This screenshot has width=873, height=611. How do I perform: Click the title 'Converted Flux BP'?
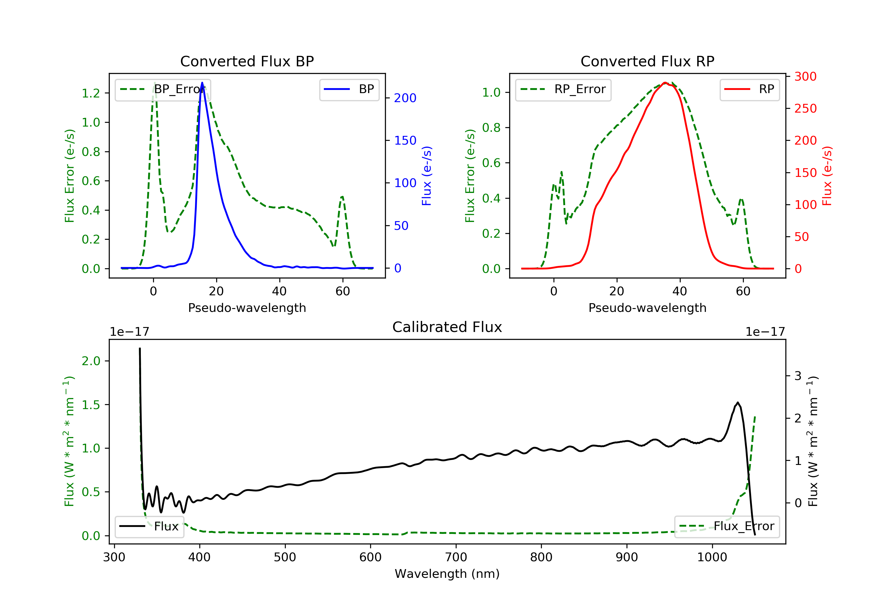point(247,61)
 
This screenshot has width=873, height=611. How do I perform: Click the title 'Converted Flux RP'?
point(647,61)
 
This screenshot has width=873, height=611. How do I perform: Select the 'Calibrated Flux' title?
point(447,327)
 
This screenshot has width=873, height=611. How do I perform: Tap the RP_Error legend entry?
point(563,89)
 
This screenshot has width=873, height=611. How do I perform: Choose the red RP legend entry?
point(749,89)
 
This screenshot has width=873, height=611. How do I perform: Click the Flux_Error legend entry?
point(727,526)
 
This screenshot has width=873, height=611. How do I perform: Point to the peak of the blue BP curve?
point(202,83)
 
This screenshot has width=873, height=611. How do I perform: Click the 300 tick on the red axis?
point(805,77)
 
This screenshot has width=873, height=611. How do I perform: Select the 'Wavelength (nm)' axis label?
point(447,574)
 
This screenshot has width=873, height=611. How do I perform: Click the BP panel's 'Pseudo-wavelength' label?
point(247,308)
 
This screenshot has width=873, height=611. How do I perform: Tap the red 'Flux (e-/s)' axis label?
point(827,176)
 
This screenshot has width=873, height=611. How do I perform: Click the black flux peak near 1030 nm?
point(738,403)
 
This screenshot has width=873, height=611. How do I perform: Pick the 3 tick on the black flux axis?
point(798,376)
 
